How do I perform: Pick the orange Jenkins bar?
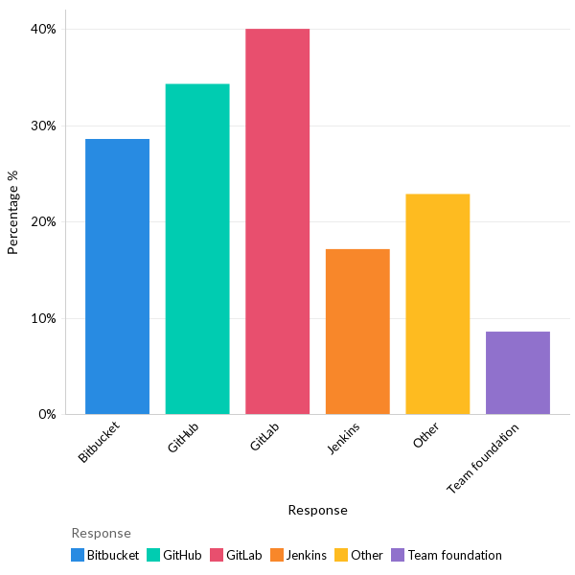coord(357,332)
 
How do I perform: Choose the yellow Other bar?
coord(437,304)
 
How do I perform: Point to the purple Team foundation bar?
coord(517,373)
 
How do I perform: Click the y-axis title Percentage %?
coord(13,213)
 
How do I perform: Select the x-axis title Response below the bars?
coord(317,510)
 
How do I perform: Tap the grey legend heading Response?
coord(101,533)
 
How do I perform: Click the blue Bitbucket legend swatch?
coord(78,555)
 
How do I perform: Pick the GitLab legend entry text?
coord(244,555)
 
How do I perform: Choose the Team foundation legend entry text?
coord(454,555)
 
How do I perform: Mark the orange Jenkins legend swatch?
coord(277,555)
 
